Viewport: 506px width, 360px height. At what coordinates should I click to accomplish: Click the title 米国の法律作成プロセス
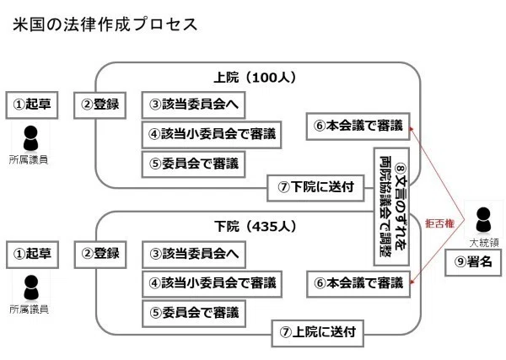coord(105,24)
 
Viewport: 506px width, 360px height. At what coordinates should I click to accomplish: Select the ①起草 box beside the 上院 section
coord(32,105)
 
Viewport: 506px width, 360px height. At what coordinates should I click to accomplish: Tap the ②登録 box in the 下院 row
coord(100,255)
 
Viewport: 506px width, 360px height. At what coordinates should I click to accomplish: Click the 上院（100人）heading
coord(255,78)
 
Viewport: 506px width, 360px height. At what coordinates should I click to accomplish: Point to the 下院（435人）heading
coord(256,226)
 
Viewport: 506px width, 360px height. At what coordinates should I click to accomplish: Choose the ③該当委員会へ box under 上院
coord(194,105)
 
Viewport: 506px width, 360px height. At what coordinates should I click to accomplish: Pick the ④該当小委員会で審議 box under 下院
coord(212,284)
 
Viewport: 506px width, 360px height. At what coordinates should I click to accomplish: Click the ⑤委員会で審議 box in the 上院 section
coord(194,164)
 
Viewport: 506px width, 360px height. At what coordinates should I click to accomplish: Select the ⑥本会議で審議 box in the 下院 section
coord(358,284)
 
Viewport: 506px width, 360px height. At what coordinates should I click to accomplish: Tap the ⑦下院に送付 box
coord(315,188)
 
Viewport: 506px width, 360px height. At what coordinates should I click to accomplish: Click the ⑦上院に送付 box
coord(318,333)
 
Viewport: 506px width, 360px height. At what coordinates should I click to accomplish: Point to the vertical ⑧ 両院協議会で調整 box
coord(391,207)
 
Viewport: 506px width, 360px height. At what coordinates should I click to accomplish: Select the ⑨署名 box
coord(473,262)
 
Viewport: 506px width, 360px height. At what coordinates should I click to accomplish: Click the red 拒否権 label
coord(440,223)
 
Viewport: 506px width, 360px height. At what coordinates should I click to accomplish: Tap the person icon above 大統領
coord(483,220)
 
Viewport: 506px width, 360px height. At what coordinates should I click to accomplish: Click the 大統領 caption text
coord(484,243)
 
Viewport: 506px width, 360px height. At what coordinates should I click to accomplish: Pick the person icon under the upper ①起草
coord(31,138)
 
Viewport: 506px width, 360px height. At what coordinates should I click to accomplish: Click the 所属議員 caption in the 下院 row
coord(29,309)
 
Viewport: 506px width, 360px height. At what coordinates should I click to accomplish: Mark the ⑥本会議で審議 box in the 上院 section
coord(358,126)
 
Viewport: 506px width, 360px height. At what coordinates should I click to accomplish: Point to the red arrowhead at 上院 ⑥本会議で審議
coord(412,129)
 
